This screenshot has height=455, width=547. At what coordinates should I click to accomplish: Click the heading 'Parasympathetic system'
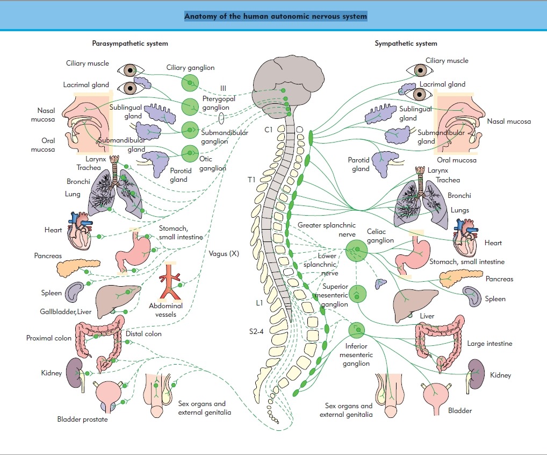[130, 44]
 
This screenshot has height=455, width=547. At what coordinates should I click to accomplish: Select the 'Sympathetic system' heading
[406, 44]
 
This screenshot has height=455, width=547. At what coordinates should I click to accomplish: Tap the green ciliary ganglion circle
[190, 83]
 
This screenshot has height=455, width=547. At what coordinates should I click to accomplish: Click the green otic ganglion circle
[190, 154]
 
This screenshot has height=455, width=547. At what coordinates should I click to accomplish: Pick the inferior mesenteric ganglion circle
[356, 329]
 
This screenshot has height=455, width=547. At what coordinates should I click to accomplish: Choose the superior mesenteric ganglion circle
[357, 294]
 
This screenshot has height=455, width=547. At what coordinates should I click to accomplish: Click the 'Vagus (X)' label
[224, 253]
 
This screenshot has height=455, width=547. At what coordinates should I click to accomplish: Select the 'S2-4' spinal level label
[256, 331]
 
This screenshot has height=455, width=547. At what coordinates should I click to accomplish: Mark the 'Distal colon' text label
[143, 334]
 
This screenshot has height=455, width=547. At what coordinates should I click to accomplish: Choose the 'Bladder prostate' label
[82, 419]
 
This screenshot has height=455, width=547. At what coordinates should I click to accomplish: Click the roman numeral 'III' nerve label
[224, 88]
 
